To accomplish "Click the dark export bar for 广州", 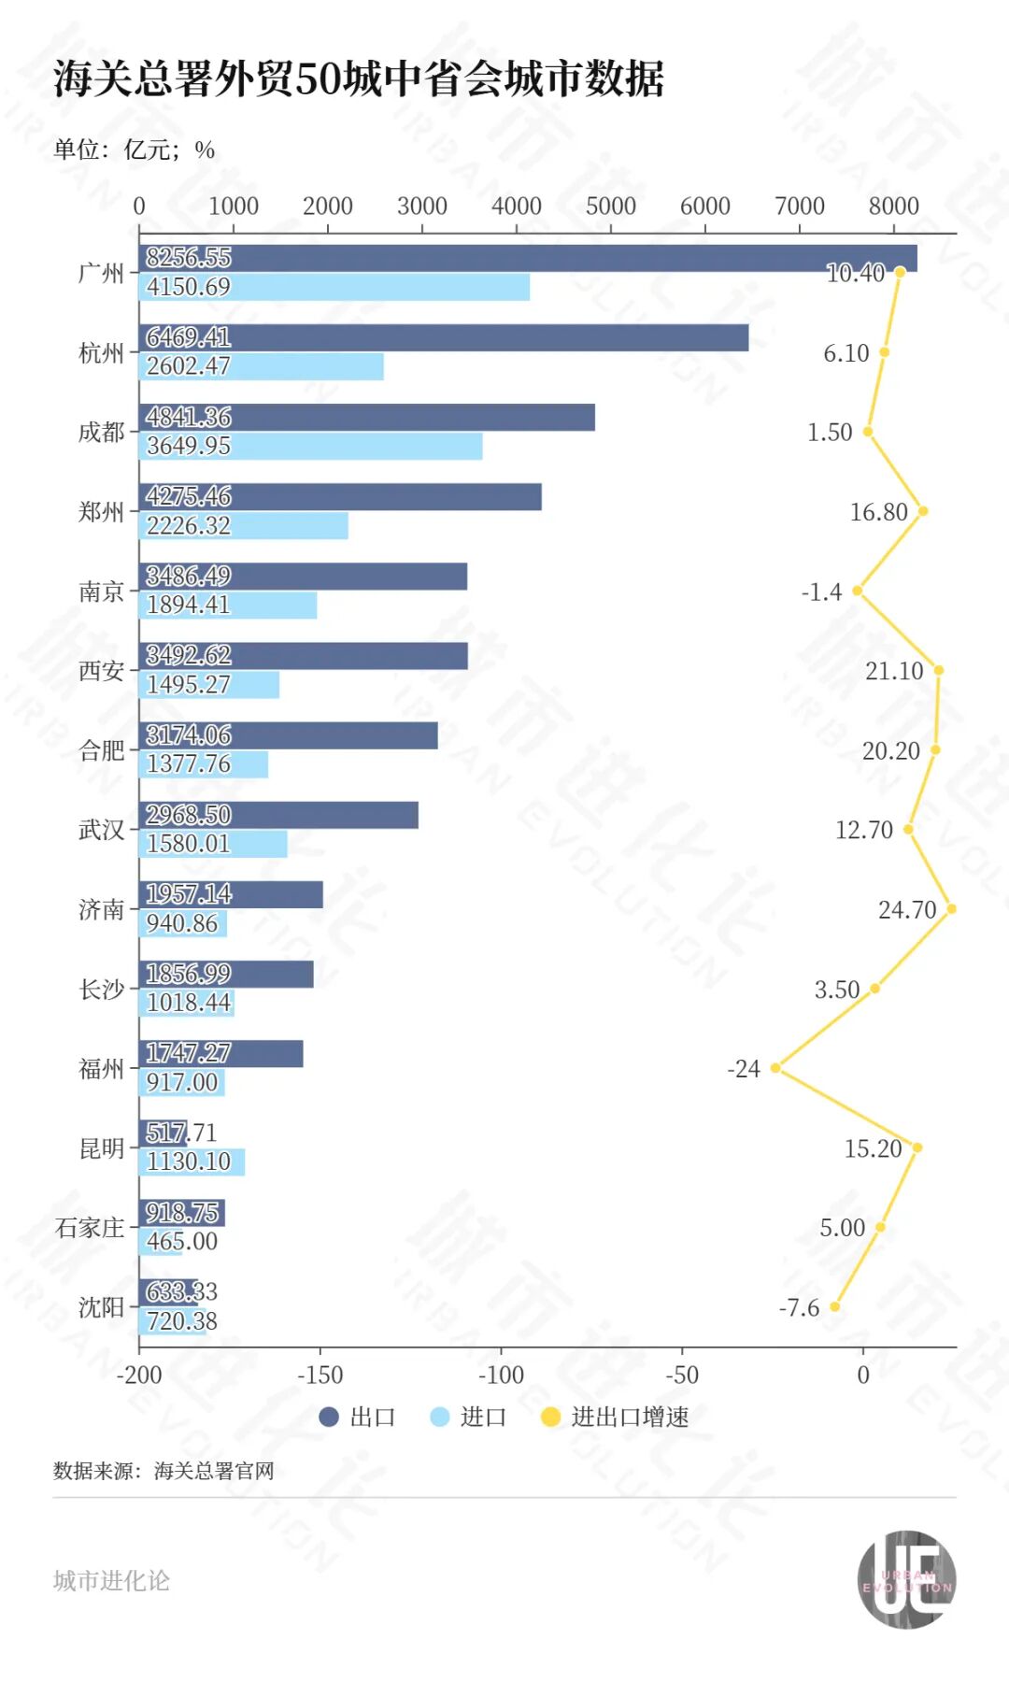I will click(x=561, y=258).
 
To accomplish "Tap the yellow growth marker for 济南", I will click(x=951, y=908).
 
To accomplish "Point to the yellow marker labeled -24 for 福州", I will click(x=775, y=1067).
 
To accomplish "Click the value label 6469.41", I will click(x=188, y=337).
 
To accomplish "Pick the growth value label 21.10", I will click(x=893, y=671).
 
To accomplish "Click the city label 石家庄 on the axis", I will click(x=90, y=1227).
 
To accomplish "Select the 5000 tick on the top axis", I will click(x=610, y=206).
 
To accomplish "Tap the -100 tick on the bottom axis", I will click(x=501, y=1375).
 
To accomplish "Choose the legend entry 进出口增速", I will click(x=617, y=1417).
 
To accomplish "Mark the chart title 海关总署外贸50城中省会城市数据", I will click(x=359, y=78).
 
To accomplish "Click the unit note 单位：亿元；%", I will click(x=134, y=150).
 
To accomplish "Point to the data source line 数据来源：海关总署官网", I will click(x=163, y=1471).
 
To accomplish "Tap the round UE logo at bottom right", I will click(x=906, y=1579).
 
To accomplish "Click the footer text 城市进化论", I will click(x=111, y=1580).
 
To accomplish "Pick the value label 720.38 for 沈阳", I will click(x=181, y=1320).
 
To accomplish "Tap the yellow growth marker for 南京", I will click(x=857, y=591).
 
